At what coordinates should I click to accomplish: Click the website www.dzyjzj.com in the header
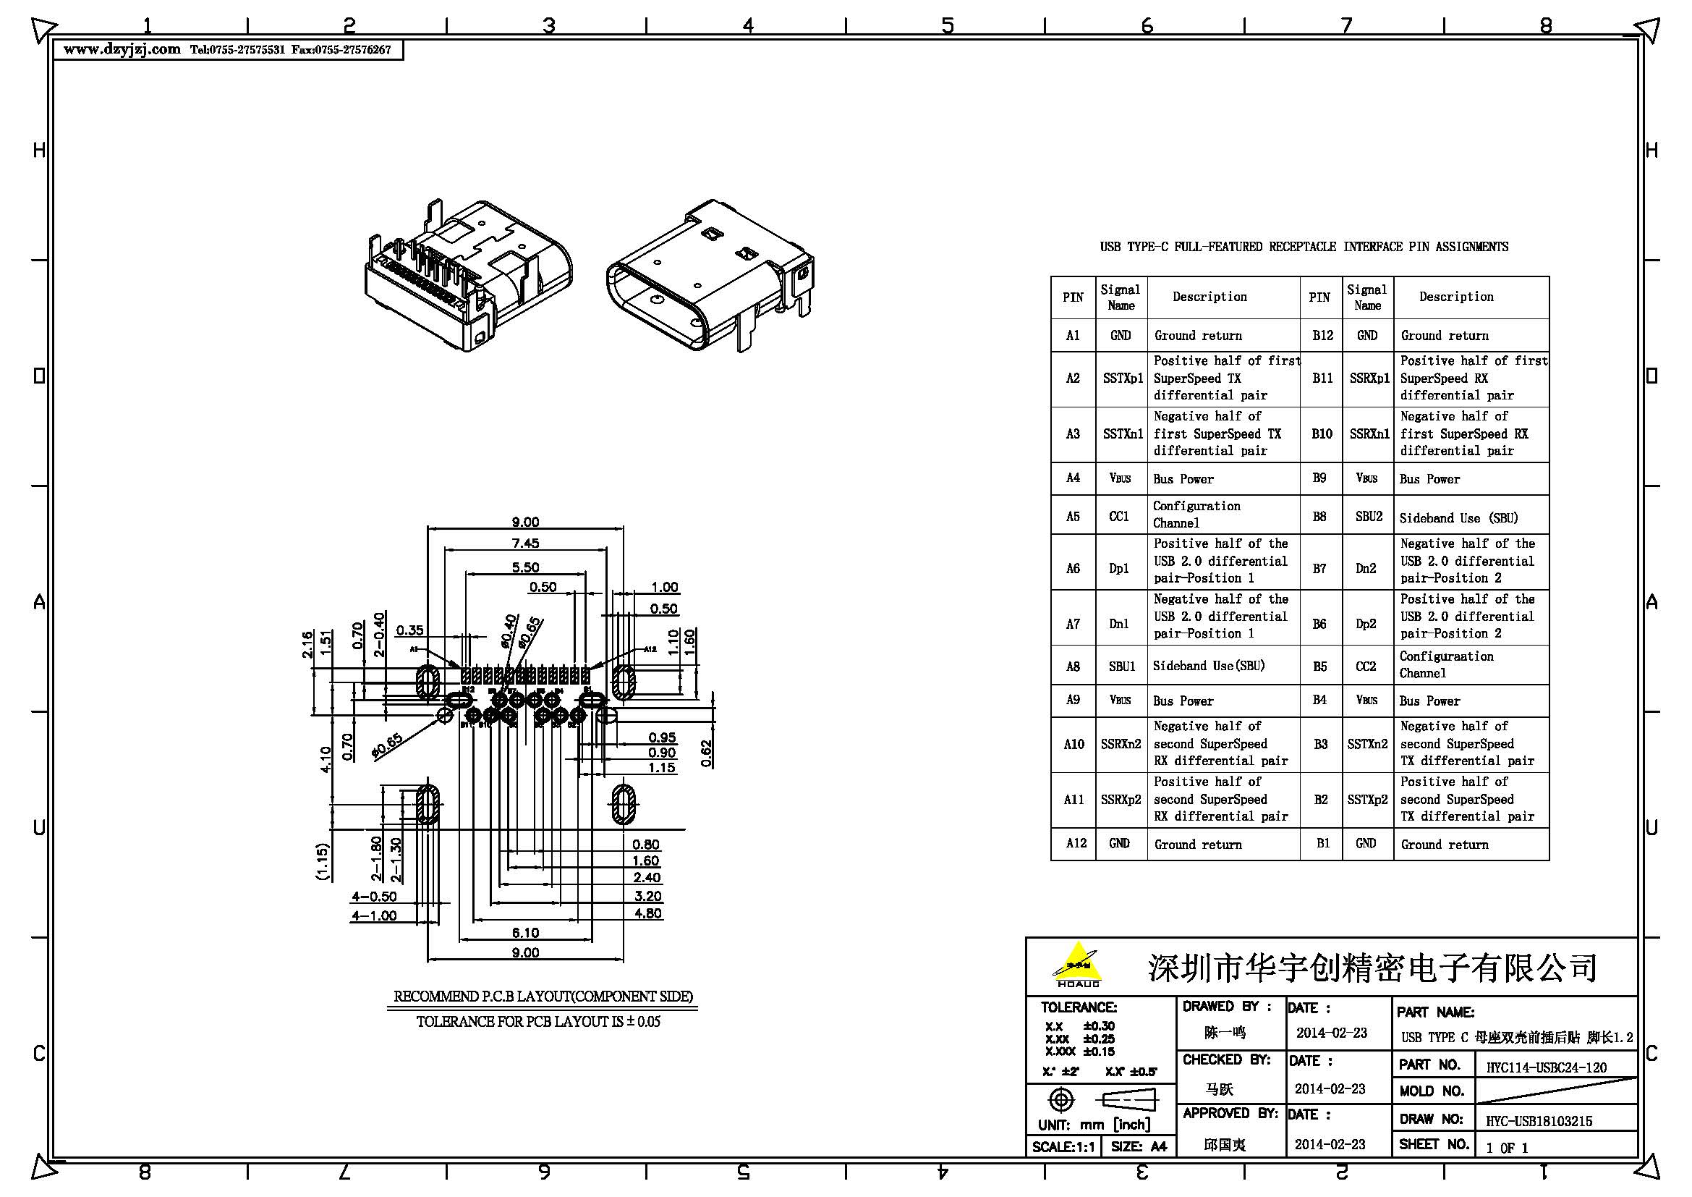coord(122,49)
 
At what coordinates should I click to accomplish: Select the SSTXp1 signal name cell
coord(1122,378)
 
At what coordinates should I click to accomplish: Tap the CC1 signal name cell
coord(1118,516)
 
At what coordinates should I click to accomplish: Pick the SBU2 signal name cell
coord(1369,517)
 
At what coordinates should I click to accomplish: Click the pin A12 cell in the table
coord(1075,843)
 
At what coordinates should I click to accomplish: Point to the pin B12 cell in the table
coord(1322,335)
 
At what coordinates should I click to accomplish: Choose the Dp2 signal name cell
coord(1366,624)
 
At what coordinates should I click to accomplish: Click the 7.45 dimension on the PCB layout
coord(525,543)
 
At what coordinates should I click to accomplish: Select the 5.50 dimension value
coord(525,567)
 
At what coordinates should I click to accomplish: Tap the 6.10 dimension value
coord(525,933)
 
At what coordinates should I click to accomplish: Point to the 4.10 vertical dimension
coord(326,759)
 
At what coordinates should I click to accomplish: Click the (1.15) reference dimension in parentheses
coord(322,862)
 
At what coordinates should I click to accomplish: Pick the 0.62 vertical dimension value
coord(706,753)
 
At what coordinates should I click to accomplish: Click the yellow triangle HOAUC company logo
coord(1078,964)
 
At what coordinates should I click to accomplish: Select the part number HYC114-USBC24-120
coord(1546,1067)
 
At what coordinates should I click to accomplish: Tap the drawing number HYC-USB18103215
coord(1539,1121)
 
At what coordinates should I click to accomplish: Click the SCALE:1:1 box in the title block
coord(1063,1147)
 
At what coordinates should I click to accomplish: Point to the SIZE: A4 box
coord(1139,1147)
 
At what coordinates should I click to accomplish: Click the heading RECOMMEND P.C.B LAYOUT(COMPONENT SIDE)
coord(543,997)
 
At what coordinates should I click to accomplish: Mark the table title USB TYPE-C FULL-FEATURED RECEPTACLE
coord(1304,247)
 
